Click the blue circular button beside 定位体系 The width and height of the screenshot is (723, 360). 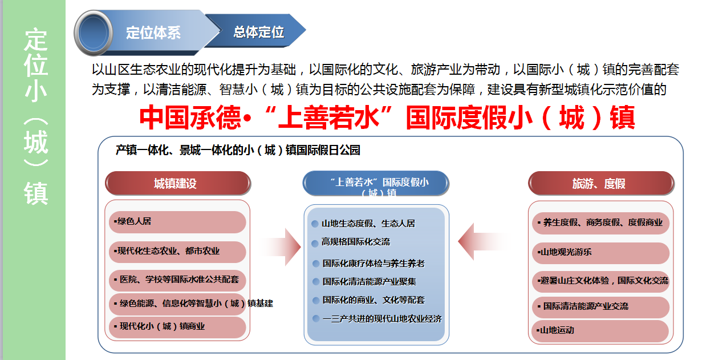pyautogui.click(x=94, y=33)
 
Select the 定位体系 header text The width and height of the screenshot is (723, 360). pyautogui.click(x=153, y=33)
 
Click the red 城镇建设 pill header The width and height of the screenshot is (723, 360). pyautogui.click(x=178, y=183)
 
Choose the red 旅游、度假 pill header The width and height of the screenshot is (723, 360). pyautogui.click(x=601, y=183)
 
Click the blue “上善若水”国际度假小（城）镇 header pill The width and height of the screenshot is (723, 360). pyautogui.click(x=376, y=183)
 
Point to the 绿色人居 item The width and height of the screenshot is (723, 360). pyautogui.click(x=177, y=222)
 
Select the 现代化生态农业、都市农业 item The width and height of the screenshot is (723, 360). pyautogui.click(x=177, y=252)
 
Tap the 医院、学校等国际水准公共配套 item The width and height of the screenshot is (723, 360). pyautogui.click(x=177, y=280)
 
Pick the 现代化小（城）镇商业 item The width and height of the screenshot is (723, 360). pyautogui.click(x=177, y=327)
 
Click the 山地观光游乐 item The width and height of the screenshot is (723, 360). pyautogui.click(x=600, y=253)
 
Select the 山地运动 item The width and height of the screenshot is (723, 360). pyautogui.click(x=600, y=331)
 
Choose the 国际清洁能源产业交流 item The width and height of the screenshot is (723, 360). pyautogui.click(x=600, y=306)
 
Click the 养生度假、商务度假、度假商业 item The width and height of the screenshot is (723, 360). pyautogui.click(x=600, y=223)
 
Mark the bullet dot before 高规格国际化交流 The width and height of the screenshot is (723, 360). pyautogui.click(x=315, y=243)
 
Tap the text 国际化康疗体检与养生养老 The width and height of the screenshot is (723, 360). pyautogui.click(x=373, y=264)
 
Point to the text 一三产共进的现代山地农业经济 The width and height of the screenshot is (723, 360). pyautogui.click(x=382, y=319)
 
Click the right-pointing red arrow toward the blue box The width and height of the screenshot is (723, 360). pyautogui.click(x=281, y=247)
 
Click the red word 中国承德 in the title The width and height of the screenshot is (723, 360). pyautogui.click(x=190, y=118)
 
